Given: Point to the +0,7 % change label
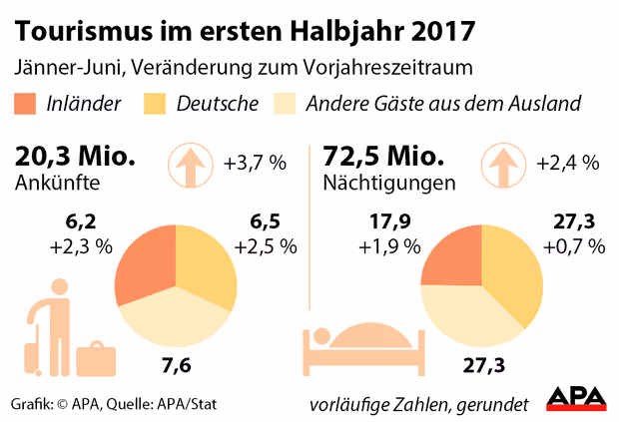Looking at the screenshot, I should point(574,246).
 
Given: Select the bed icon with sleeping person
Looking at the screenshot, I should point(360,352).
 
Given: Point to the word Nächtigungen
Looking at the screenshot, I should point(389,185).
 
